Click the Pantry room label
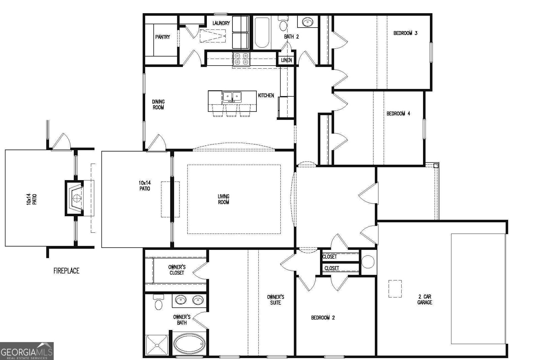point(162,37)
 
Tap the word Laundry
point(221,23)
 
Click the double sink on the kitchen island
point(232,97)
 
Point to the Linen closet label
point(286,60)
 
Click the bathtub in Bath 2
point(261,33)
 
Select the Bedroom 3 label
point(405,33)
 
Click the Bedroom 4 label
point(398,114)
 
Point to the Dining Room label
point(158,104)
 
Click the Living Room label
point(223,199)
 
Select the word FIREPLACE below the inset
point(66,271)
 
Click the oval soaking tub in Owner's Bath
point(189,344)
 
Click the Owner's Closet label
point(177,270)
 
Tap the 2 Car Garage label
point(424,299)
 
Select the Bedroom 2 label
point(323,318)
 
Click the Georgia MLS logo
point(27,351)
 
